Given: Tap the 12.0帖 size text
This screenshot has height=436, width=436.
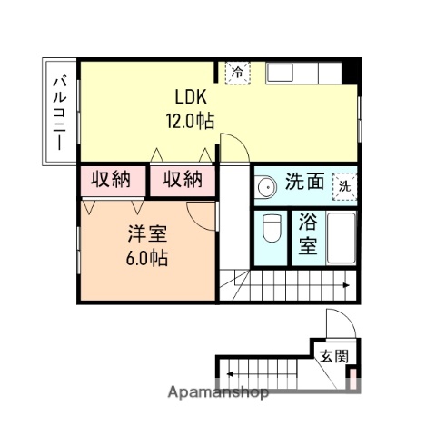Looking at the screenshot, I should coord(189,120).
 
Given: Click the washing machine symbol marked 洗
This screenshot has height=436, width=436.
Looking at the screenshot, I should coord(344,184).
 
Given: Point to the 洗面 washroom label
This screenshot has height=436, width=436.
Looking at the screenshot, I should coord(303,182).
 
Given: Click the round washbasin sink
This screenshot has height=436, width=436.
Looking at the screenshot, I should coord(266,187).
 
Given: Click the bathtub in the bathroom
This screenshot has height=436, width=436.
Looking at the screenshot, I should coord(341,238).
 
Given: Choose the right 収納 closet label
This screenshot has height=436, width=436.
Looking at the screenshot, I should coord(182,180).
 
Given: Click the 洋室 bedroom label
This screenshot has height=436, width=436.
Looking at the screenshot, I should coord(146,233).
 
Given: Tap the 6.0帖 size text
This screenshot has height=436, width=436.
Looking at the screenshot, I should coord(145,256).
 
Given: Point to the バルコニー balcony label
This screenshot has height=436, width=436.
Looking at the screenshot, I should coord(57,113).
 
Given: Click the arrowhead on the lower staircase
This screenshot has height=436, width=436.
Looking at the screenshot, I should coord(231,372).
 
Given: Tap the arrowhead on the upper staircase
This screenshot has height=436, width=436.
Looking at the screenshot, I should coord(347,286).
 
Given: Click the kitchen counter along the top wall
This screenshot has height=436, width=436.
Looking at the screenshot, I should coord(303,72).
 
